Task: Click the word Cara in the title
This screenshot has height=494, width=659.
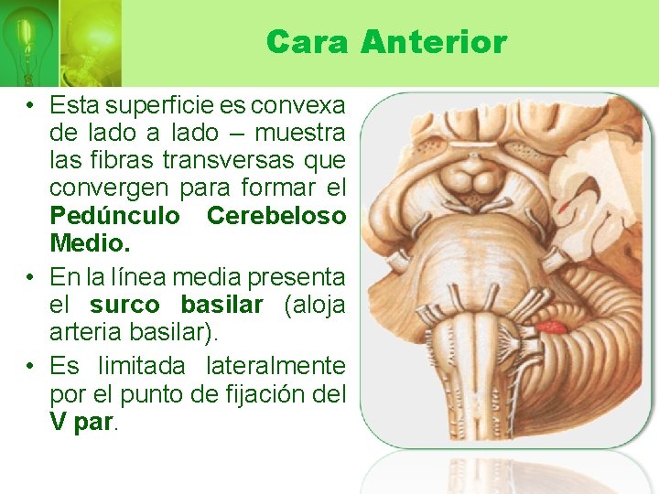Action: (307, 42)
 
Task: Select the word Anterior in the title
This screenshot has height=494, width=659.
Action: (433, 42)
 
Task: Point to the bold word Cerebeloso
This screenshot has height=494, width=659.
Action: (276, 216)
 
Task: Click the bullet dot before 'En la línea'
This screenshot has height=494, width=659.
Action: (31, 276)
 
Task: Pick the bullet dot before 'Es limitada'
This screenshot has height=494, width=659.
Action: (31, 367)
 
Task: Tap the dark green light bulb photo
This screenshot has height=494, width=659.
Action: (28, 41)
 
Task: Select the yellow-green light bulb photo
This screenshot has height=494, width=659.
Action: (90, 41)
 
